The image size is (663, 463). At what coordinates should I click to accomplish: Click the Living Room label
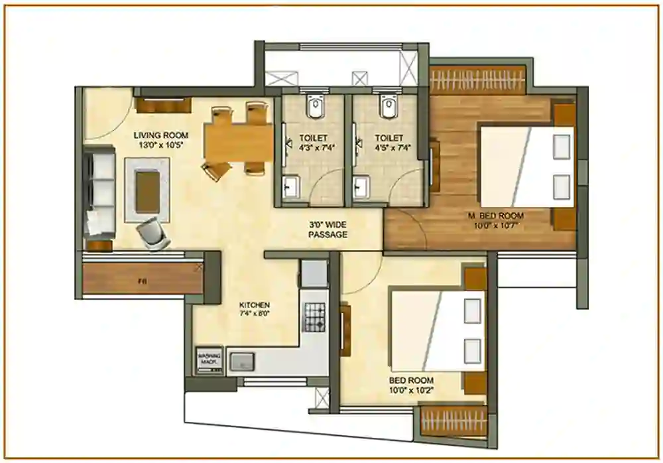[x=160, y=135]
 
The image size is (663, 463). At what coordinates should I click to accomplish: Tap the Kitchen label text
[x=255, y=304]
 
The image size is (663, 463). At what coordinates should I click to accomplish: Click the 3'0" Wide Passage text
[x=328, y=229]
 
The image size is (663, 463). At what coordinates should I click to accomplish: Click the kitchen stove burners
[x=315, y=312]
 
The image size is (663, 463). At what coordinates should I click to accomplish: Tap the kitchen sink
[x=242, y=362]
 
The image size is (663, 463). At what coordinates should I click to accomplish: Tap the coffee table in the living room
[x=147, y=190]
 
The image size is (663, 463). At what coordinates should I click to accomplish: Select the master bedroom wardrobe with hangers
[x=477, y=80]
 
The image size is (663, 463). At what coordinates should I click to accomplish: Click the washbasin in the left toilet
[x=291, y=188]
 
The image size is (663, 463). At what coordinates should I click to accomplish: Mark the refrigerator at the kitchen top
[x=313, y=273]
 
